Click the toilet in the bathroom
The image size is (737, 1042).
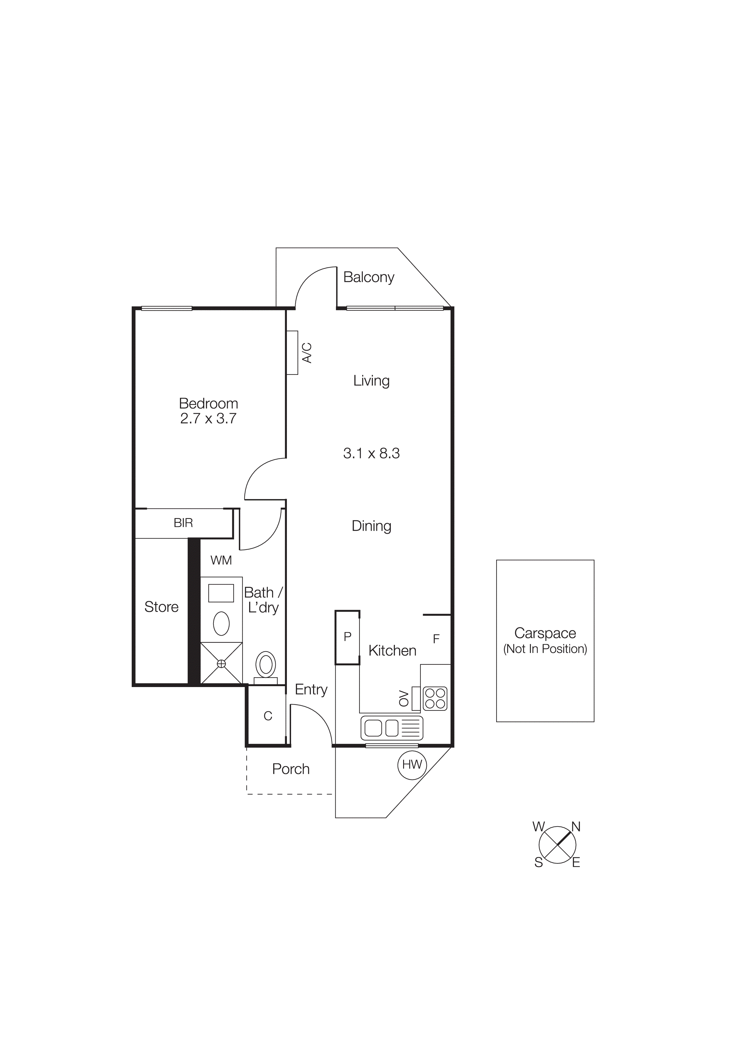pos(266,666)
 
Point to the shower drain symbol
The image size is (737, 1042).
pos(221,664)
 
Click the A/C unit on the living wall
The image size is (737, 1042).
pos(293,353)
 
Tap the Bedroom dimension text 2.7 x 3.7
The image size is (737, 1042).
pos(208,419)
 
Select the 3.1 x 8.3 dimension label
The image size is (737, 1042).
pos(371,453)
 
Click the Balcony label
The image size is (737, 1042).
pos(369,277)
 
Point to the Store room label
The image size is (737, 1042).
pos(161,607)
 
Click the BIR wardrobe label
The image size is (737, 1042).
pos(183,523)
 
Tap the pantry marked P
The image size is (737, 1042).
pos(347,637)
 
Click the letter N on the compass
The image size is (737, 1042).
pos(576,827)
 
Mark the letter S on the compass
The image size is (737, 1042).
pos(539,863)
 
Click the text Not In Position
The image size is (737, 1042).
pos(545,649)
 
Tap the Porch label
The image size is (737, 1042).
pos(291,769)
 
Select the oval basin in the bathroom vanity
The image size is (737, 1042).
pos(221,623)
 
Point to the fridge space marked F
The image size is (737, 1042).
pos(436,639)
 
